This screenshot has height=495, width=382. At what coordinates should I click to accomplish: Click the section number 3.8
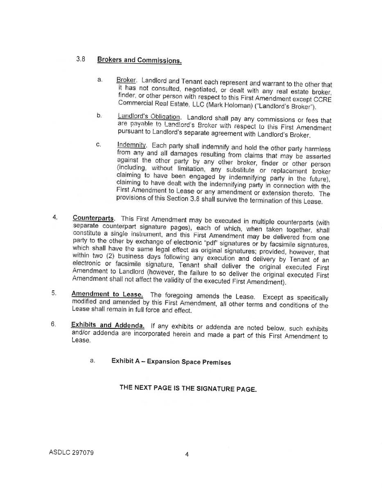[x=81, y=59]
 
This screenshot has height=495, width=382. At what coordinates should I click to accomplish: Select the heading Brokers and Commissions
[x=139, y=60]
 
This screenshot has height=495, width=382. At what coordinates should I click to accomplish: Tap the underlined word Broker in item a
[x=126, y=80]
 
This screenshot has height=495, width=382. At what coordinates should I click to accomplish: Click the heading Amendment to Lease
[x=107, y=294]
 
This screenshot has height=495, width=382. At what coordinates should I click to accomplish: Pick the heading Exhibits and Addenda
[x=108, y=325]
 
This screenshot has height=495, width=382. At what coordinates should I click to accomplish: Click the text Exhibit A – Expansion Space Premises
[x=171, y=362]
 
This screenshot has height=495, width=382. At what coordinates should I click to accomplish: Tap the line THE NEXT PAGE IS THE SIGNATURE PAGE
[x=188, y=388]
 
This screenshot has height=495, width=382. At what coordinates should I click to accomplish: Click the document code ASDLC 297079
[x=71, y=452]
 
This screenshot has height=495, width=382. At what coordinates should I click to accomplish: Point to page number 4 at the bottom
[x=187, y=454]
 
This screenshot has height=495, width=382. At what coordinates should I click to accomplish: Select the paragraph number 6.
[x=54, y=324]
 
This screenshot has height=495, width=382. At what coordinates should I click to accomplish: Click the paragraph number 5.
[x=54, y=293]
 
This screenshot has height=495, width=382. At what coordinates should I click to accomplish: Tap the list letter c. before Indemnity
[x=99, y=145]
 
